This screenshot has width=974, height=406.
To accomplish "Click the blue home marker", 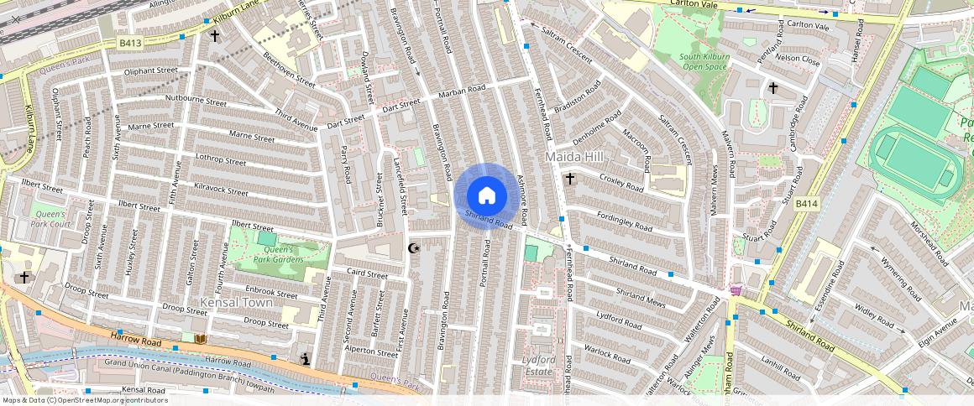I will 486,196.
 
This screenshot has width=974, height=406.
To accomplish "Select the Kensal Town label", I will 232,301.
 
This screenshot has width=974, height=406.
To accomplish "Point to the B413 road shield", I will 128,41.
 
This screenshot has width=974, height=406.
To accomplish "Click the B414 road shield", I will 805,203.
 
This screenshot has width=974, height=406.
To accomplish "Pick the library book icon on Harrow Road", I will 199,338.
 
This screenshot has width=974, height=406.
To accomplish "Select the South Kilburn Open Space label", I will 704,61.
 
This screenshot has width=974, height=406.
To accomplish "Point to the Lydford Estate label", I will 538,365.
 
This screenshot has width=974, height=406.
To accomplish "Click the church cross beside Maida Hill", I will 570,179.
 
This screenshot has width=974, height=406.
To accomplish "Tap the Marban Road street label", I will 462,90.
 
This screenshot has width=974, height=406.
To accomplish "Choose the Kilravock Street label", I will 221,191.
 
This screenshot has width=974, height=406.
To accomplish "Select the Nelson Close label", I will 798,60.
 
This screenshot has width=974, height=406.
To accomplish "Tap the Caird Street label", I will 367,273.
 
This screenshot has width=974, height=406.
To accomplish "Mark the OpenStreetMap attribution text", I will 84,400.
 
